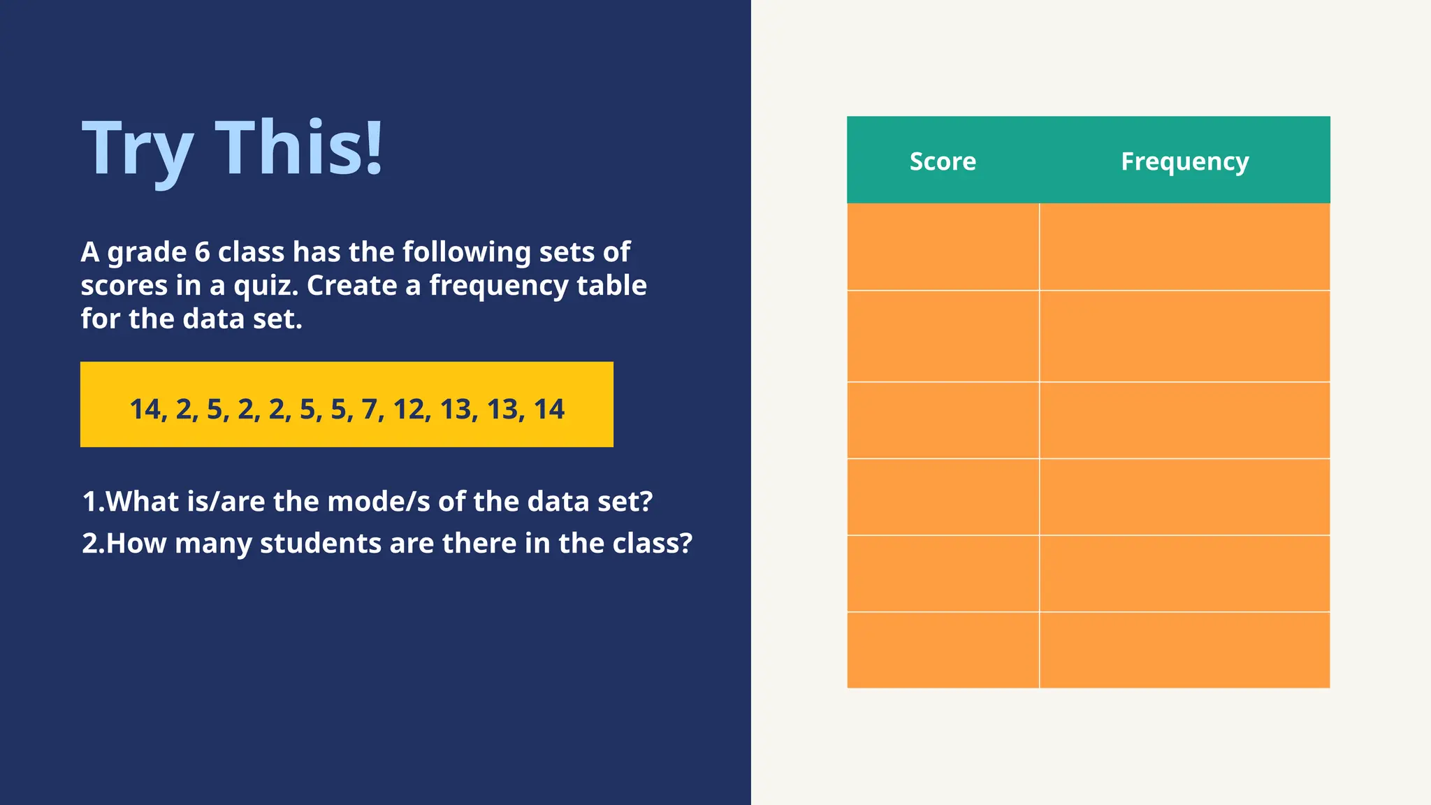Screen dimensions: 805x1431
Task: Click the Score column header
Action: pyautogui.click(x=942, y=161)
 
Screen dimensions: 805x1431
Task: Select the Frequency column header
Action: pyautogui.click(x=1184, y=161)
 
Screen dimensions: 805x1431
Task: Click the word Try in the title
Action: pyautogui.click(x=138, y=149)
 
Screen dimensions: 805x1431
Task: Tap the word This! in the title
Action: pyautogui.click(x=299, y=147)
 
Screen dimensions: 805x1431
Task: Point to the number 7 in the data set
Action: pyautogui.click(x=370, y=409)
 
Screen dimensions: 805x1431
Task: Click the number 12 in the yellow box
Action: pyautogui.click(x=409, y=409)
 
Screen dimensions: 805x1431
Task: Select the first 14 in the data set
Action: pyautogui.click(x=145, y=409)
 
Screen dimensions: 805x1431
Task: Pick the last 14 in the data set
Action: pyautogui.click(x=549, y=409)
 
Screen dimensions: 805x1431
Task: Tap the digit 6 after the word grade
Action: pyautogui.click(x=202, y=252)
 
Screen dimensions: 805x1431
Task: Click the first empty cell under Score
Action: pyautogui.click(x=943, y=247)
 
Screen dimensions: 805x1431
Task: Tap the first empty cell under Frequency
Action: pyautogui.click(x=1184, y=247)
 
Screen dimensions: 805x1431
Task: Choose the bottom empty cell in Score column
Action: pyautogui.click(x=943, y=650)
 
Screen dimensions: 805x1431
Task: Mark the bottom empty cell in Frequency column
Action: pyautogui.click(x=1184, y=650)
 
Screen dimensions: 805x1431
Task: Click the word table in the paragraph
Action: pyautogui.click(x=611, y=286)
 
